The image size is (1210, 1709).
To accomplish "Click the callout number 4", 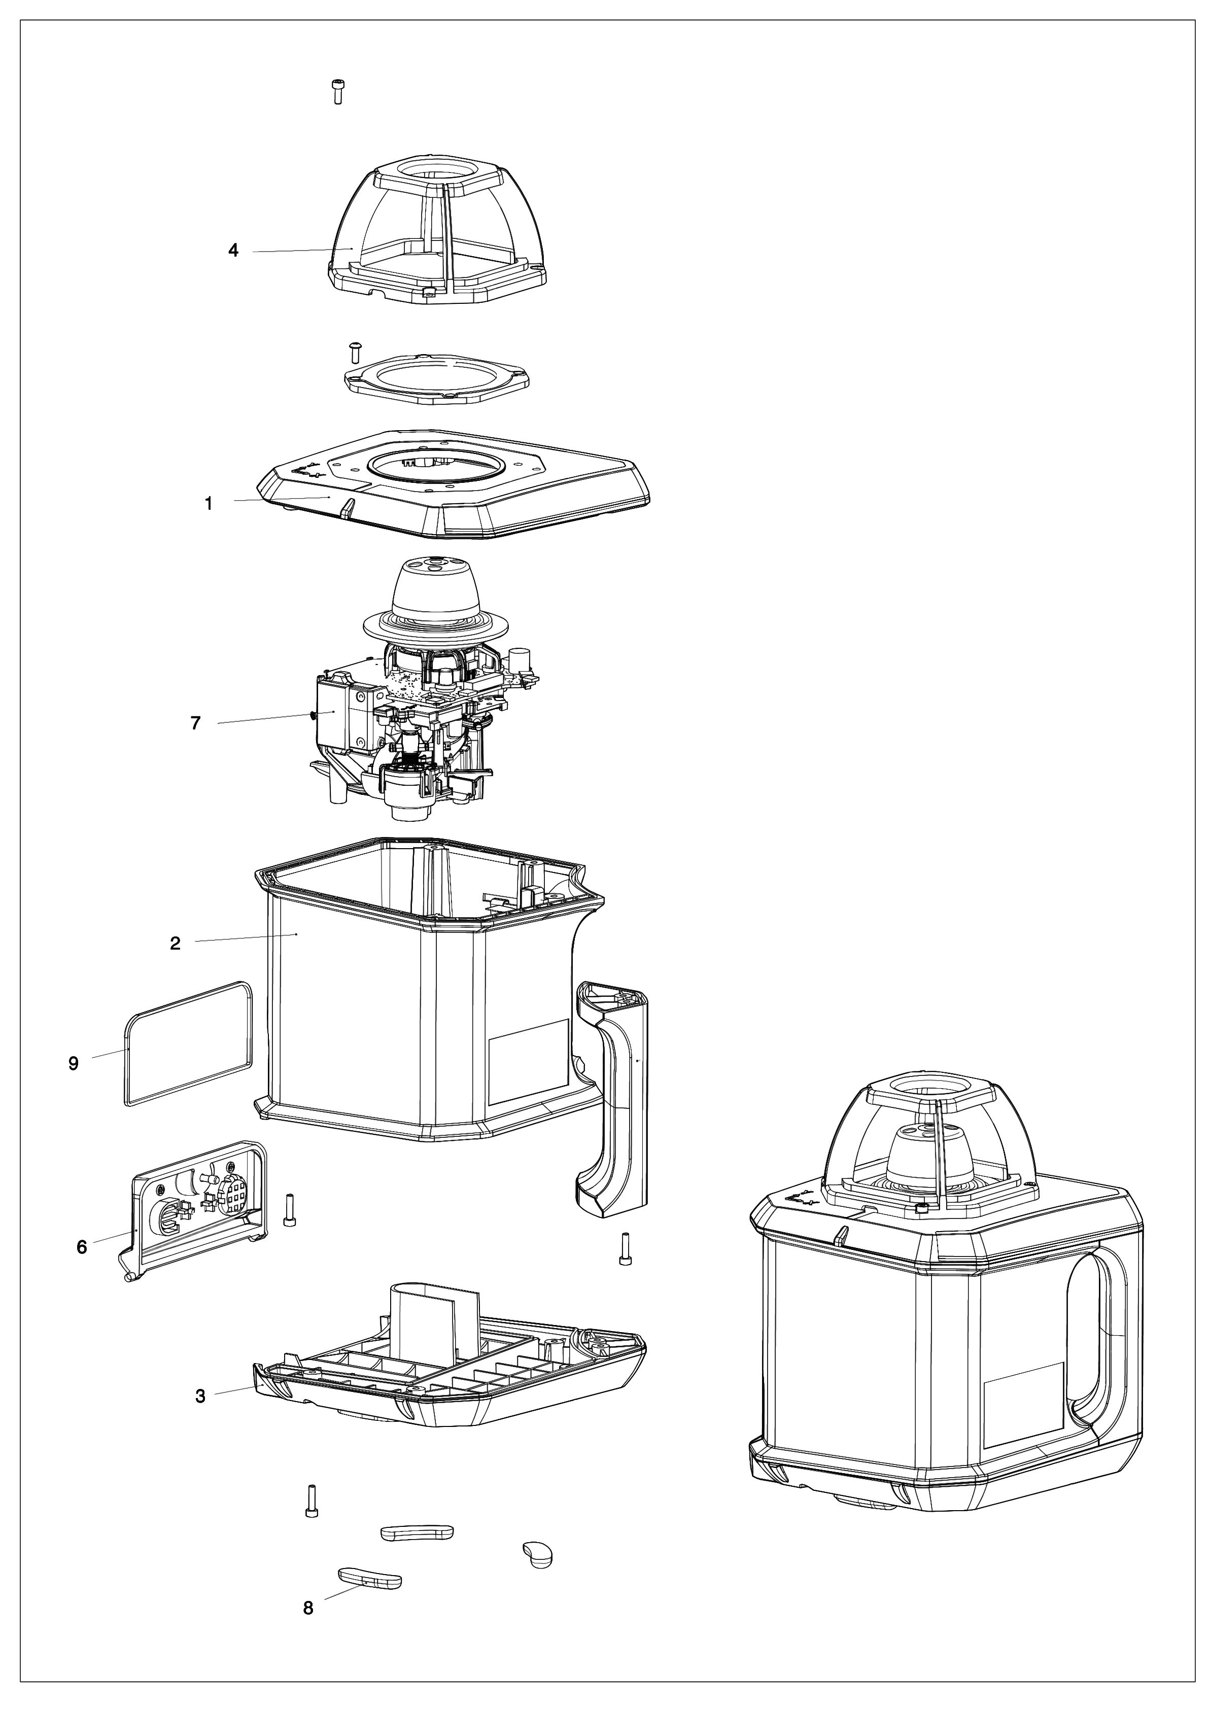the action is (x=233, y=250).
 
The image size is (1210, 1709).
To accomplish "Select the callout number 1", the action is (x=209, y=504).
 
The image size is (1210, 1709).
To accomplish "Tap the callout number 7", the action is (x=195, y=723).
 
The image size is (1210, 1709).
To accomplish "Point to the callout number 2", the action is (x=175, y=943).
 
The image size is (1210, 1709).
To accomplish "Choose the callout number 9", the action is (x=73, y=1064).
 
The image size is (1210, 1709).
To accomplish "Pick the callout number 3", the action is (x=200, y=1396).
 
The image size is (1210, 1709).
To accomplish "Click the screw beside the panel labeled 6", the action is (x=290, y=1209).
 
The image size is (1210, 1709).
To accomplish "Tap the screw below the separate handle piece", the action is (x=625, y=1248).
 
